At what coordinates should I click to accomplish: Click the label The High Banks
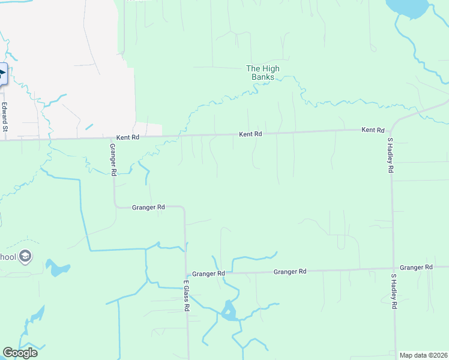point(263,73)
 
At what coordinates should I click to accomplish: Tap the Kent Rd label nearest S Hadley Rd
point(372,130)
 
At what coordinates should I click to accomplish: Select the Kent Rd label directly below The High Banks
point(250,134)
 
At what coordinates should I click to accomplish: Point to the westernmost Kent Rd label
point(127,137)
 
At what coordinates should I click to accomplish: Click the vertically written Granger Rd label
point(113,160)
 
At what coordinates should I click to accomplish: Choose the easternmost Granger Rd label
point(416,267)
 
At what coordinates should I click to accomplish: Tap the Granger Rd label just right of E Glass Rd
point(208,274)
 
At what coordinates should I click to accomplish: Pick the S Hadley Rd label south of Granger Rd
point(394,292)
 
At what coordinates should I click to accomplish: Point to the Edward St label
point(4,117)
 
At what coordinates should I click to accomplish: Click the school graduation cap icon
point(25,257)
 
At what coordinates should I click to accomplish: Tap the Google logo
point(20,352)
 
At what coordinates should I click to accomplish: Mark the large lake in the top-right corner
point(406,7)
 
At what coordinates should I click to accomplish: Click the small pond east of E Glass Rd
point(228,311)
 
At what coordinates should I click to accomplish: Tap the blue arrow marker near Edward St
point(2,74)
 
